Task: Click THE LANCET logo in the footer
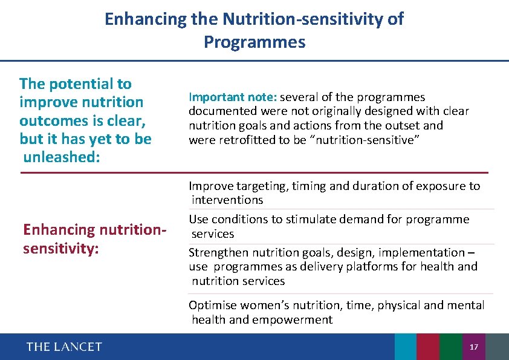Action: point(64,347)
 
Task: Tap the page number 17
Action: point(474,347)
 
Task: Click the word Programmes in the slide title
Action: point(254,42)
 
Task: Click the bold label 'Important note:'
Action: point(233,97)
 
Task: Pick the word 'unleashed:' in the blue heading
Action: point(57,157)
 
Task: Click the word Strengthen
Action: point(217,252)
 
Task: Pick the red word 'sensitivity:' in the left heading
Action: point(60,248)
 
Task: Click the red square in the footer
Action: point(427,347)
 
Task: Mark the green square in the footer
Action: point(450,347)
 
